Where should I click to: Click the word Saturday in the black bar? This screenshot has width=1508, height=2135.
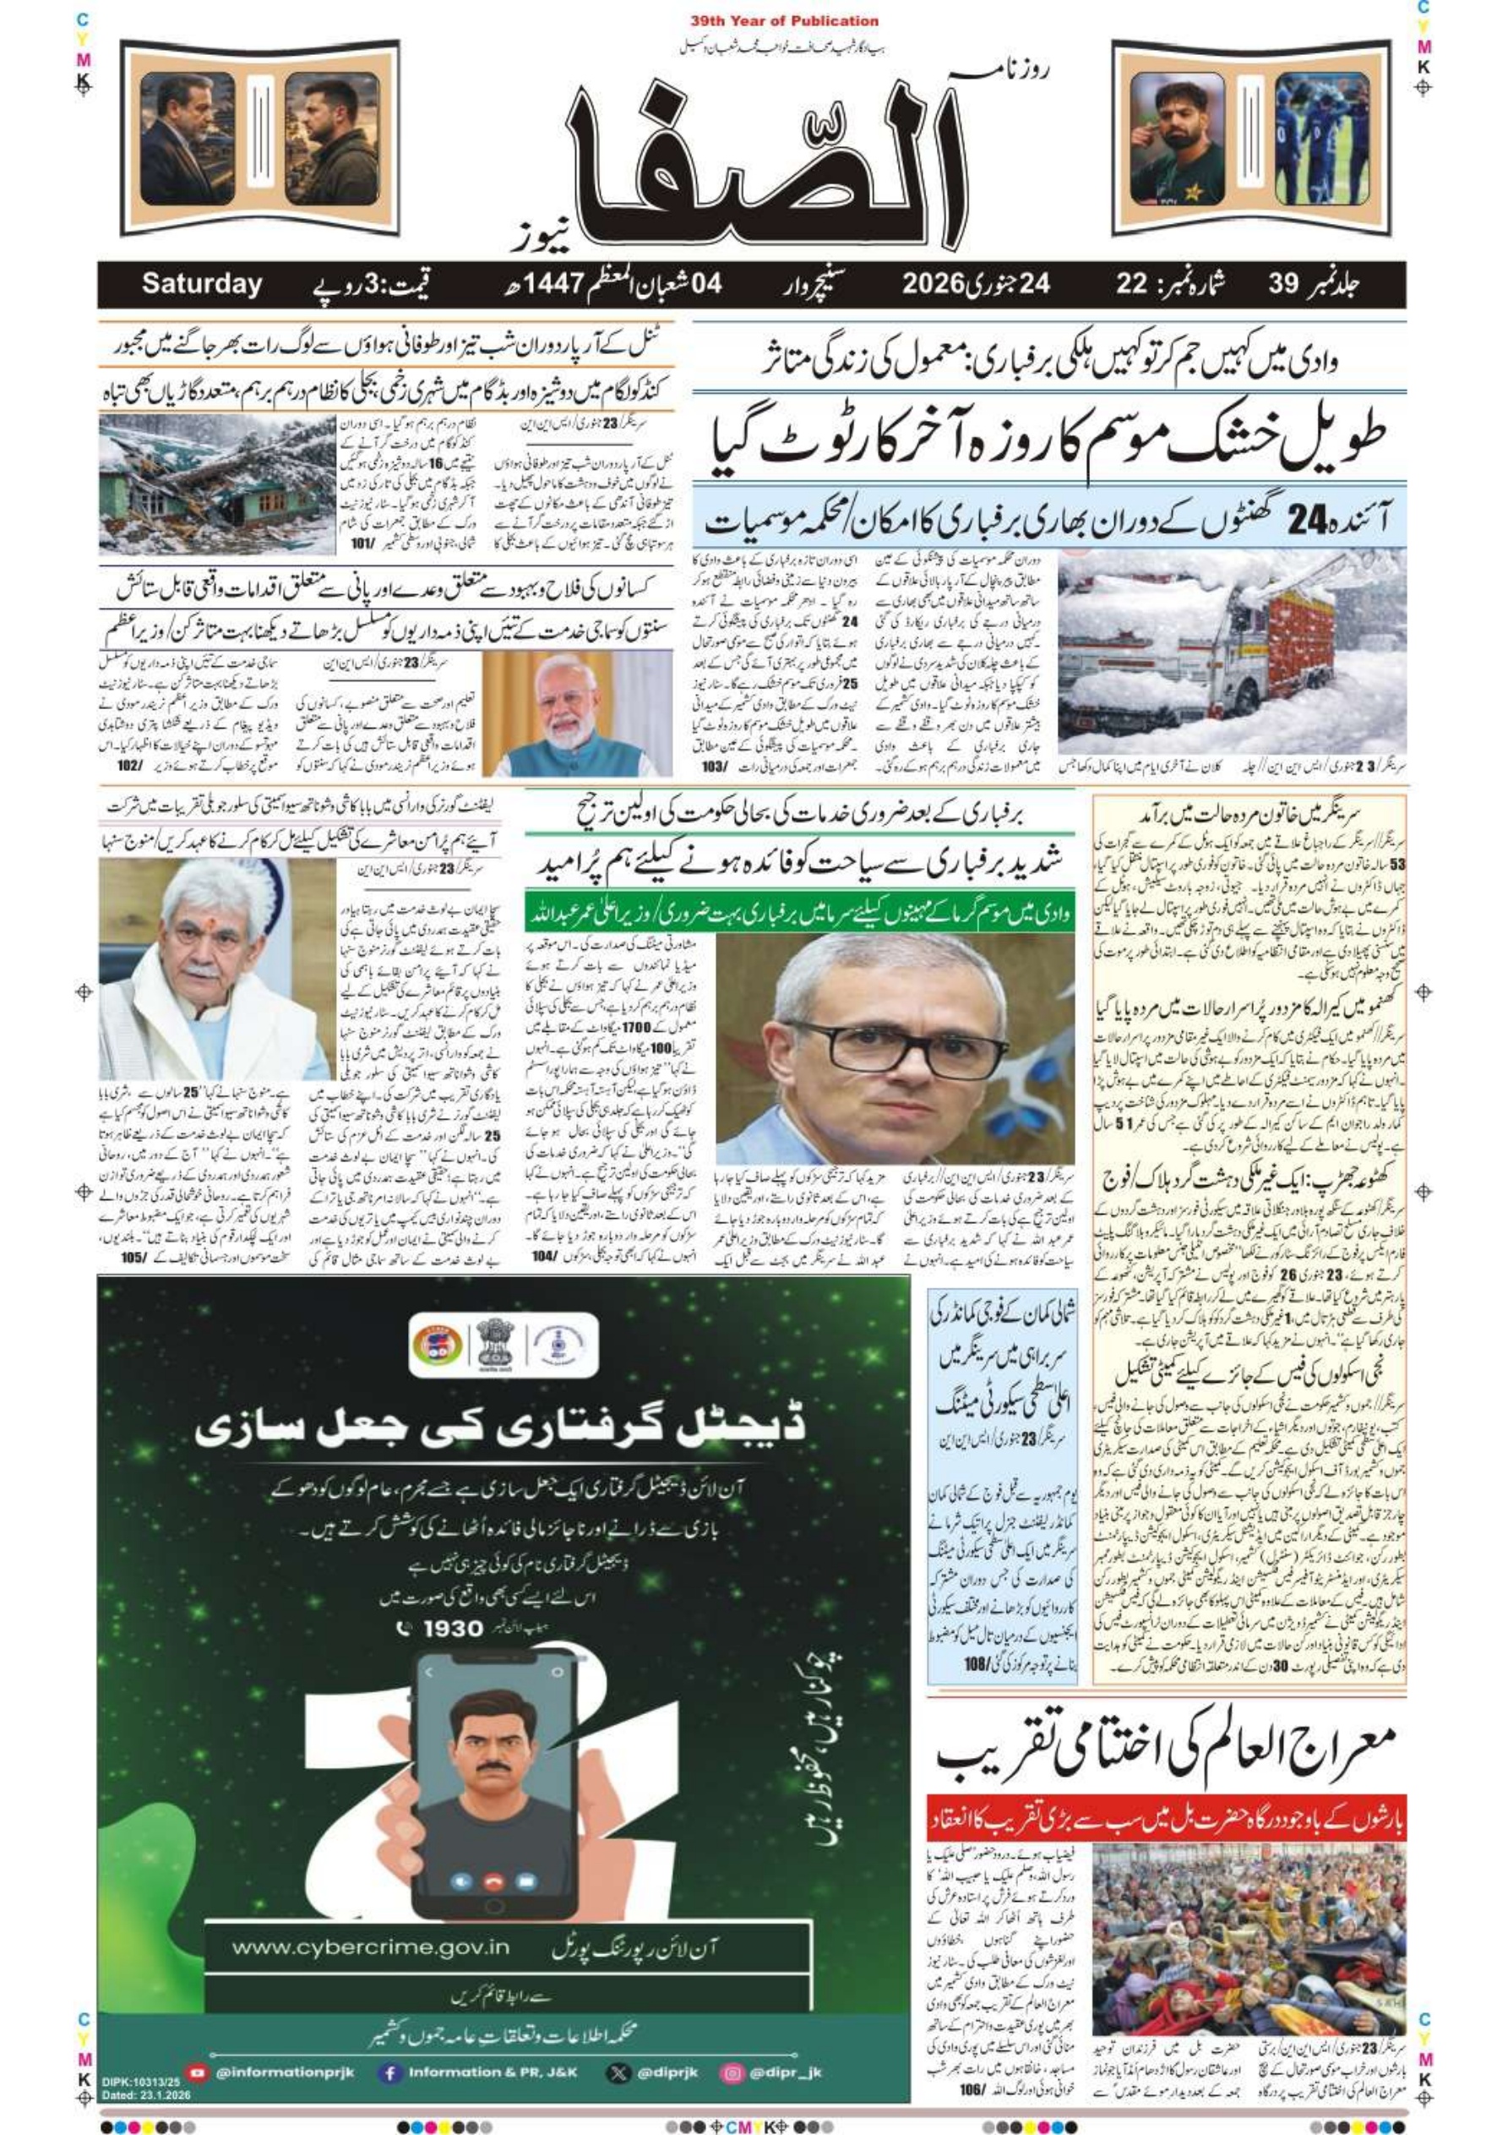coord(202,285)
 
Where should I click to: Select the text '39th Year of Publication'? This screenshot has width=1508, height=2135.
coord(784,20)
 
